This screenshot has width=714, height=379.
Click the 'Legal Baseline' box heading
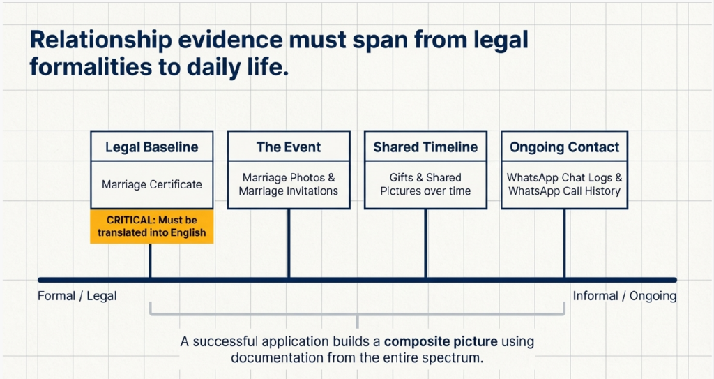(x=151, y=147)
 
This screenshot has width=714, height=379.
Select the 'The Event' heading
(x=289, y=147)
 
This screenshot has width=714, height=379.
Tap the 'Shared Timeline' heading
(x=425, y=147)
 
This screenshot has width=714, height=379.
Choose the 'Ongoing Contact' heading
(x=564, y=147)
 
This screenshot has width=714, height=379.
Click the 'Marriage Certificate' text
(x=152, y=184)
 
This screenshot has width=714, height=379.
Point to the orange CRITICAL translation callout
(x=152, y=227)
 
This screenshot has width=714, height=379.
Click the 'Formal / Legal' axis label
(x=77, y=296)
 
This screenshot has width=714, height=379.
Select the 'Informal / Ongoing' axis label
(x=625, y=296)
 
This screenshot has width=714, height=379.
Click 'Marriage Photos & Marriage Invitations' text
(x=289, y=184)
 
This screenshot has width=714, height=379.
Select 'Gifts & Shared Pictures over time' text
(x=425, y=184)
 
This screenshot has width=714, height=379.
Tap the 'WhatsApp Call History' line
(x=564, y=191)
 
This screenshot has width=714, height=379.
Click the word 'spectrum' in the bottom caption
(x=453, y=357)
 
